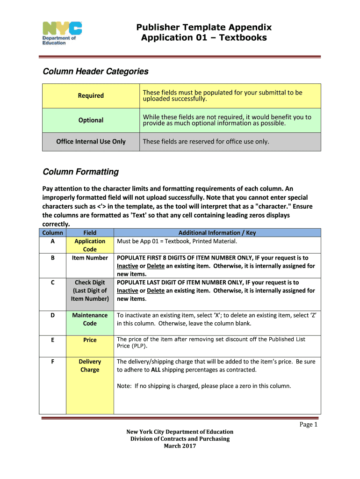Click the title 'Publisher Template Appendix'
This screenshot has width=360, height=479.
(x=203, y=27)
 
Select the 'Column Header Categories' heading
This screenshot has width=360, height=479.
(x=95, y=72)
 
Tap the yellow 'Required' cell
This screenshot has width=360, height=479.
(x=91, y=96)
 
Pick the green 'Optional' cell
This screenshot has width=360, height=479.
(x=91, y=120)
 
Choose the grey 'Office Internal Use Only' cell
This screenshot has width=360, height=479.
(x=91, y=141)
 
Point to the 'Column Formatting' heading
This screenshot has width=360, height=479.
(x=80, y=172)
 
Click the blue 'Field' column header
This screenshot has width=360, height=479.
(x=90, y=232)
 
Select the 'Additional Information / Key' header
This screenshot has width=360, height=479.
(x=217, y=232)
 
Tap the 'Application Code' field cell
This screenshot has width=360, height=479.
(x=90, y=245)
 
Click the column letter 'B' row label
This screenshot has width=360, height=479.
(x=52, y=258)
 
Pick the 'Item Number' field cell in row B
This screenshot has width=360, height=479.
(x=90, y=258)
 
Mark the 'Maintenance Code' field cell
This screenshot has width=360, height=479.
(x=90, y=319)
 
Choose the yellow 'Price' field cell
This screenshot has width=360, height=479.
(x=90, y=340)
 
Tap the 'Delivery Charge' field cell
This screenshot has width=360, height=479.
(x=90, y=365)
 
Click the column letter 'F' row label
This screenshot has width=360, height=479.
(x=52, y=362)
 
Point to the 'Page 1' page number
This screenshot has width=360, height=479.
(x=309, y=425)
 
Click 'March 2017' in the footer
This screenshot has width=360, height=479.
(x=180, y=446)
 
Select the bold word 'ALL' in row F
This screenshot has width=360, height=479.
(x=157, y=370)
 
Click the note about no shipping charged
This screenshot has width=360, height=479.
(x=203, y=386)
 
